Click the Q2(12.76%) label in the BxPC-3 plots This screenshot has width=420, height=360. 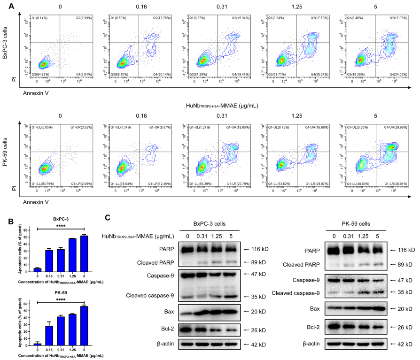pyautogui.click(x=149, y=17)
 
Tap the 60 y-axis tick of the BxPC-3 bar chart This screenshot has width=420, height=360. pyautogui.click(x=27, y=230)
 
